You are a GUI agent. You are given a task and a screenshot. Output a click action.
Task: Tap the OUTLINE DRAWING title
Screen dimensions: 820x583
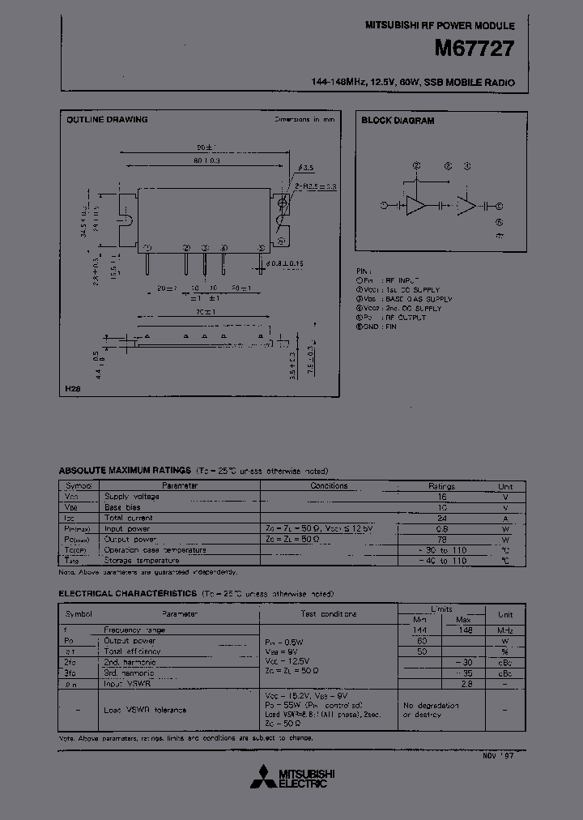point(107,120)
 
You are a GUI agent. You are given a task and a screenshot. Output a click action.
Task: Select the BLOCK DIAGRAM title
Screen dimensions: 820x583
point(398,121)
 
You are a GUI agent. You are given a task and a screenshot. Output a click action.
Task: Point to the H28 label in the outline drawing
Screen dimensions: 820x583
point(74,390)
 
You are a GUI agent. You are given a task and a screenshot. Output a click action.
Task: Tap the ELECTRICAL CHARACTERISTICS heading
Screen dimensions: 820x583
point(127,594)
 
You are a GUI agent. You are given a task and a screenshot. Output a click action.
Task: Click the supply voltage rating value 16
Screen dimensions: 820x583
point(442,497)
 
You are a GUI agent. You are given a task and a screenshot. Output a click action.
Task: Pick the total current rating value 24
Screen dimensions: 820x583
point(442,518)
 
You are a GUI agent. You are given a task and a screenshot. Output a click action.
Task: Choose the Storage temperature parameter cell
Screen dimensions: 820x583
point(143,560)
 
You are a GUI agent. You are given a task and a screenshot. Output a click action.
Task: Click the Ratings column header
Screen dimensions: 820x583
point(442,486)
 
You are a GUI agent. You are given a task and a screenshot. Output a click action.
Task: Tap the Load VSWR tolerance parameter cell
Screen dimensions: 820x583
point(146,710)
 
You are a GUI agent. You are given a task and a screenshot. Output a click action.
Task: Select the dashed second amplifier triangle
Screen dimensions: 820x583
point(466,206)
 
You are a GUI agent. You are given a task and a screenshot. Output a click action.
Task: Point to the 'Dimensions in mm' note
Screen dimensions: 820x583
point(304,120)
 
